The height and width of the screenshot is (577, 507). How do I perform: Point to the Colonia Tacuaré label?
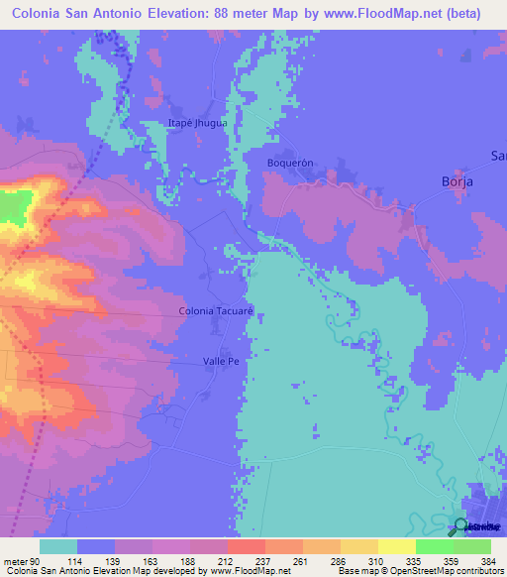tap(217, 311)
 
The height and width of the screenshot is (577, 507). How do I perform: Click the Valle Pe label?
tap(221, 362)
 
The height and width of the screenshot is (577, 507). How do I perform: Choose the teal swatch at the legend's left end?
tap(58, 547)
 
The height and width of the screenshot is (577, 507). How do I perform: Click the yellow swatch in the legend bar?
tap(397, 547)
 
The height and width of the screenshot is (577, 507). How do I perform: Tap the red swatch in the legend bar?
tap(247, 547)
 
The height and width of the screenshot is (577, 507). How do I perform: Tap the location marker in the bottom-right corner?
tap(461, 526)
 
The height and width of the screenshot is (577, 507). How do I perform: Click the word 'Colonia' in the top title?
tap(42, 14)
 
